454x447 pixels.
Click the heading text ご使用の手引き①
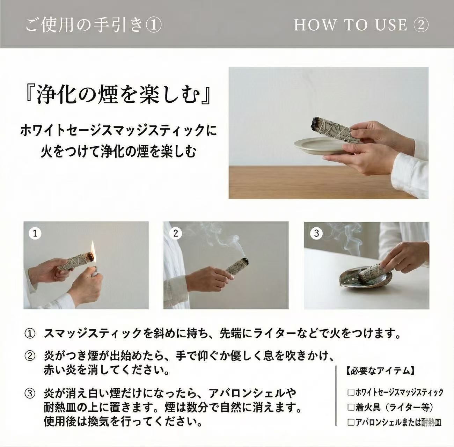94,25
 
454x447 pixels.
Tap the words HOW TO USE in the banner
351,25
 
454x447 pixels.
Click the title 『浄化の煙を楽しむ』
118,94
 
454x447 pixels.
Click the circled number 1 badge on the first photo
35,233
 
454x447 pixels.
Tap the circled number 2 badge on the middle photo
176,233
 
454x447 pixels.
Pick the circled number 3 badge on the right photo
316,233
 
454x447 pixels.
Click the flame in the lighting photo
93,251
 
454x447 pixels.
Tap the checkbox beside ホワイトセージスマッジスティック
351,392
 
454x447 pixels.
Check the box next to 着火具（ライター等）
351,407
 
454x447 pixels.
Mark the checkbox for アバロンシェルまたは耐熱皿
351,422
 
